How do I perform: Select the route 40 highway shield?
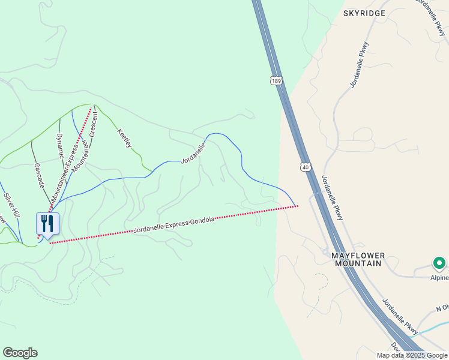click(306, 166)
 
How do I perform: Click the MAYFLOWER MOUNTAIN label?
click(358, 259)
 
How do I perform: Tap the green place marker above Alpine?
click(439, 263)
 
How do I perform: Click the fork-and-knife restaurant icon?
click(47, 224)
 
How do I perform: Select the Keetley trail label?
click(124, 138)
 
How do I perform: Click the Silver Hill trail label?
click(12, 205)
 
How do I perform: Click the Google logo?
click(20, 353)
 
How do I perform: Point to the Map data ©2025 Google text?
click(412, 355)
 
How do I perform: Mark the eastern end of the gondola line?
click(297, 206)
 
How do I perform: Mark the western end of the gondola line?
click(50, 243)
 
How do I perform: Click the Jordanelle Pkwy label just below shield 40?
click(332, 197)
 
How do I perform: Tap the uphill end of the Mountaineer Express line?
click(91, 109)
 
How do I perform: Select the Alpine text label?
click(439, 278)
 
